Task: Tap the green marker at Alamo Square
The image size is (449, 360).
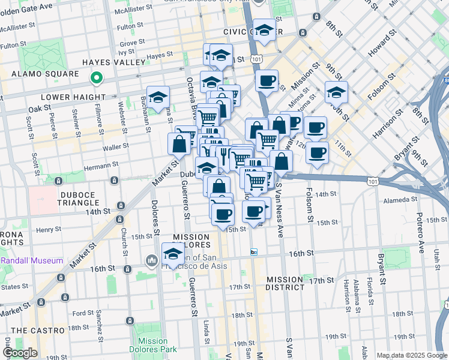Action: coord(95,78)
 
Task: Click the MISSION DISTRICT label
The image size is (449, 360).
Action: coord(285,283)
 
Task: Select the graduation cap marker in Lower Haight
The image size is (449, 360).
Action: coord(158,97)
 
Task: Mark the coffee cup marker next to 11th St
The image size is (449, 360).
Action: coord(317,152)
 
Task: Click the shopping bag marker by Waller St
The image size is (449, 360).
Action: coord(179,145)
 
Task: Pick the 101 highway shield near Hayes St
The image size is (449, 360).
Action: coord(257,59)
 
